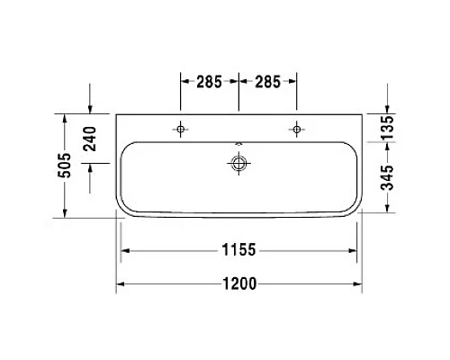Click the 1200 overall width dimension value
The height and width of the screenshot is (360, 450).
tap(238, 283)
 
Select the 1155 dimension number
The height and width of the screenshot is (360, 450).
tap(238, 249)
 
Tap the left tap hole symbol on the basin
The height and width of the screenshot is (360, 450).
tap(181, 130)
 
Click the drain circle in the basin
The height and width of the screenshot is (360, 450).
tap(238, 163)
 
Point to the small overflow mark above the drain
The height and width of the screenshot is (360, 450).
tap(238, 144)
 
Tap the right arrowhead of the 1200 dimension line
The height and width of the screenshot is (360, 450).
tap(358, 283)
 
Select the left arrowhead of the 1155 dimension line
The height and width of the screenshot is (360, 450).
tap(127, 249)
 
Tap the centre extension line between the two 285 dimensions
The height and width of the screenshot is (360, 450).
tap(238, 94)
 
